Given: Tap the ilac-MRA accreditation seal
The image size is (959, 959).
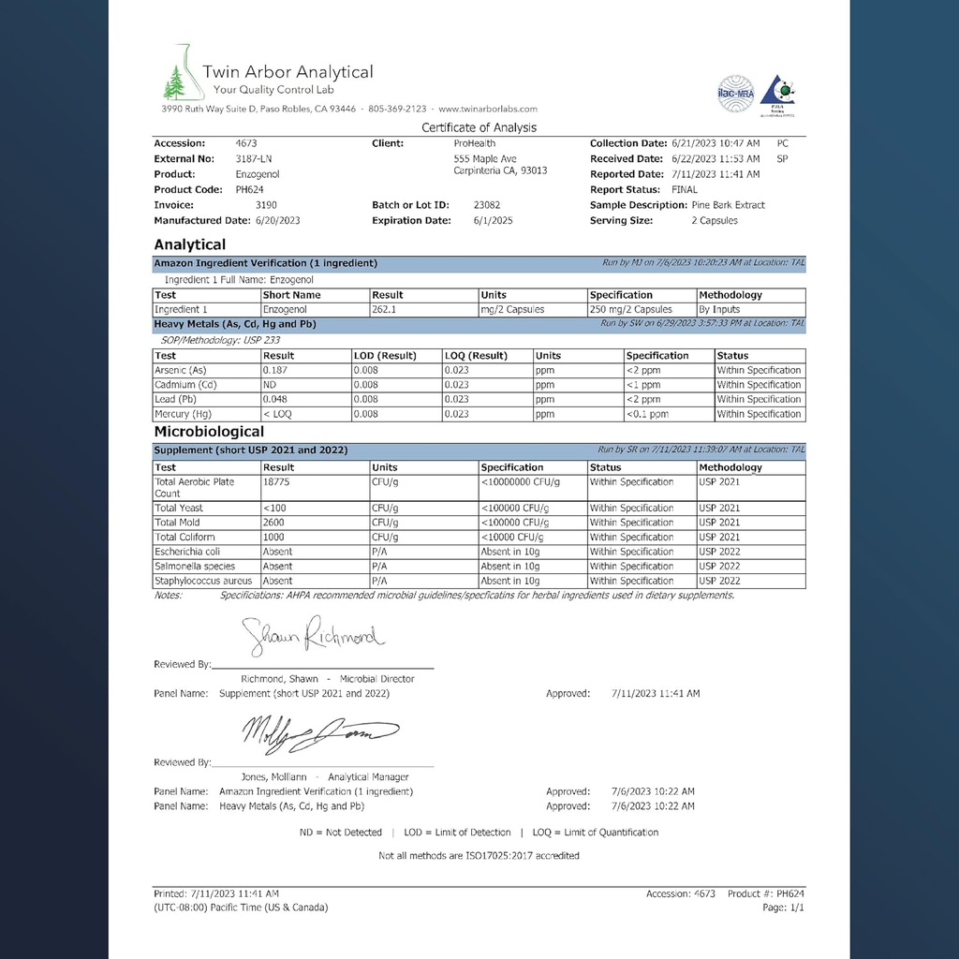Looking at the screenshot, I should pyautogui.click(x=735, y=94).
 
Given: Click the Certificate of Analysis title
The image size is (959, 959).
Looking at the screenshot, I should pyautogui.click(x=479, y=127).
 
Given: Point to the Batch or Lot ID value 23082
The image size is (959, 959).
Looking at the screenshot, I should pyautogui.click(x=487, y=205).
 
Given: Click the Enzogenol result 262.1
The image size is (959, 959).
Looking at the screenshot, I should pyautogui.click(x=384, y=309).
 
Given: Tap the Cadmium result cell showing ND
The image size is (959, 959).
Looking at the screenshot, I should pyautogui.click(x=270, y=385).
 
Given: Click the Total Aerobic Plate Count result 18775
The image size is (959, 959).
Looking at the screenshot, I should pyautogui.click(x=277, y=481).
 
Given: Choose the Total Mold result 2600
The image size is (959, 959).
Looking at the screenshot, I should pyautogui.click(x=275, y=523).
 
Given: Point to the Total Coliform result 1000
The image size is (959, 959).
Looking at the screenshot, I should pyautogui.click(x=275, y=538).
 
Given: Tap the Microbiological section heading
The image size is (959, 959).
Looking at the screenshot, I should pyautogui.click(x=209, y=432).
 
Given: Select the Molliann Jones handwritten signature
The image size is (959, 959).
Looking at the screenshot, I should pyautogui.click(x=319, y=730).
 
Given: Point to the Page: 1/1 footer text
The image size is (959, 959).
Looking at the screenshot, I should pyautogui.click(x=783, y=907).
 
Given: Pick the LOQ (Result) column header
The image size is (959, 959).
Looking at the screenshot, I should pyautogui.click(x=476, y=356).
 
